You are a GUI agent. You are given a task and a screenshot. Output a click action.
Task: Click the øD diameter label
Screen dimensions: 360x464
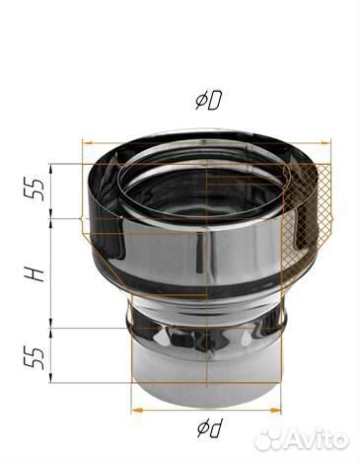pos(208,101)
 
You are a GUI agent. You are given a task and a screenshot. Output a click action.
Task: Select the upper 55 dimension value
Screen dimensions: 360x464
pos(37,190)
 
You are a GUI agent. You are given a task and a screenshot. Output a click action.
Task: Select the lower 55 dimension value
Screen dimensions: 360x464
pos(37,358)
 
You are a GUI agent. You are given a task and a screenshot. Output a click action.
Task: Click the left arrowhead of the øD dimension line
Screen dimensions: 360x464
pos(88,143)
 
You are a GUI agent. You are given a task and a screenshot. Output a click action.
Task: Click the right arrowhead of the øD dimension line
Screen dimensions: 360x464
pos(324,143)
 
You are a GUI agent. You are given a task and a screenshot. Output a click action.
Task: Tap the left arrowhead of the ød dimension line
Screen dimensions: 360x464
pos(137,410)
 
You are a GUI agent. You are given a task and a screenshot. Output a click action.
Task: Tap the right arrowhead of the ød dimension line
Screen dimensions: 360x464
pos(275,410)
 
